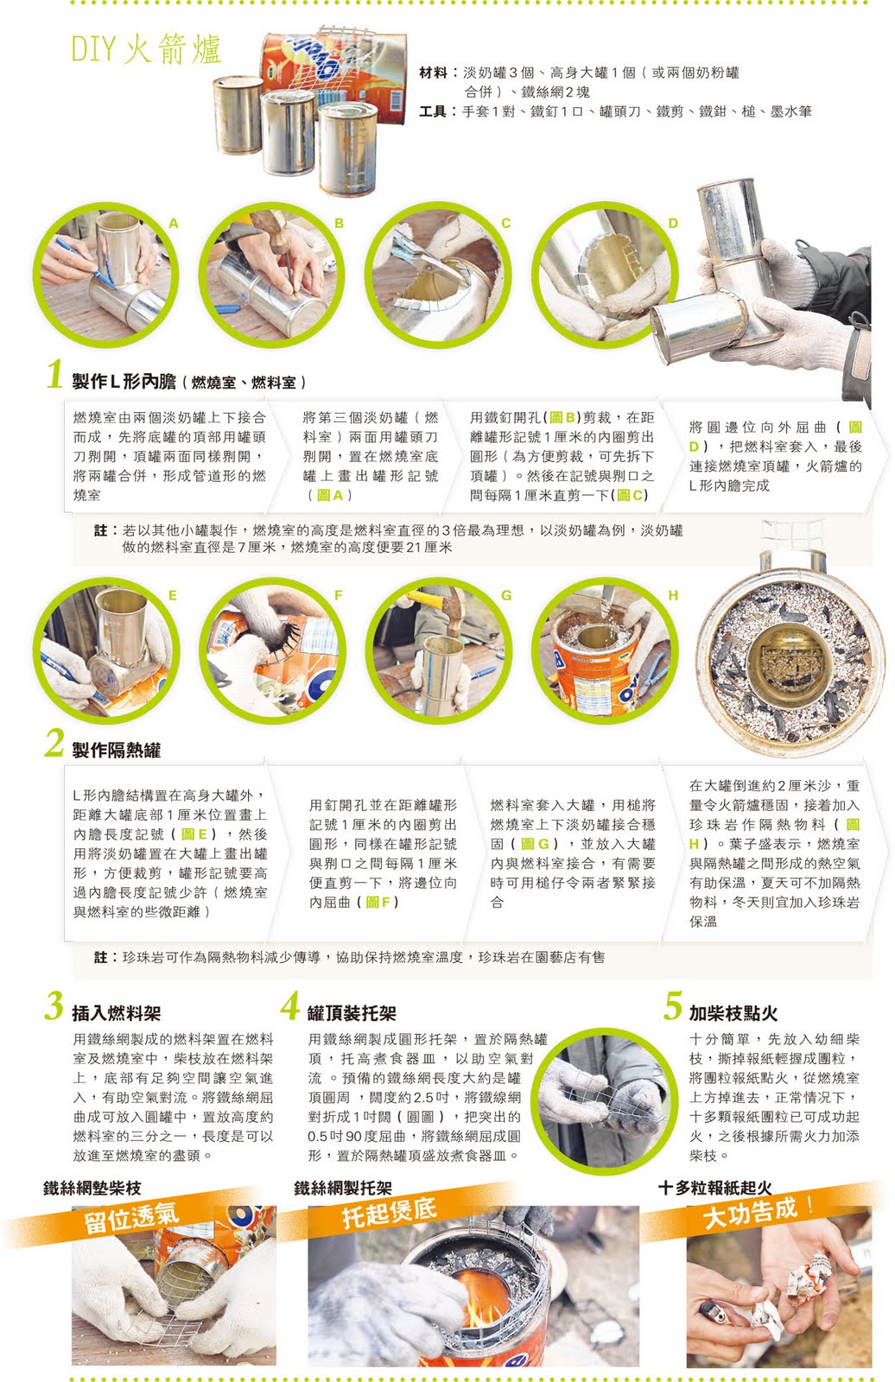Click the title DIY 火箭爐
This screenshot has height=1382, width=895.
(x=146, y=48)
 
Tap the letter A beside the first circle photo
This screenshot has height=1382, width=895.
(x=174, y=224)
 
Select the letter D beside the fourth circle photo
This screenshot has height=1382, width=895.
(x=673, y=224)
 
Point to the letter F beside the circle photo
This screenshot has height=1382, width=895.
(x=339, y=595)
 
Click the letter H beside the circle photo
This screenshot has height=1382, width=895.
(x=673, y=595)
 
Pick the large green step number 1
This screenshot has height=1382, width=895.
(x=55, y=375)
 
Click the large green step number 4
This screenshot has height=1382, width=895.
(x=290, y=1005)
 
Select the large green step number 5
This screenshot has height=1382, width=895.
(x=673, y=1005)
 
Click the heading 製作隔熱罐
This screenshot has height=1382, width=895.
(x=116, y=751)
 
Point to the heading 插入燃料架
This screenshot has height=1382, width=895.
(x=116, y=1013)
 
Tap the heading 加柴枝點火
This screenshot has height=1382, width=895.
(x=733, y=1013)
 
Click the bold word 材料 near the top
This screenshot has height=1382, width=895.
(x=433, y=73)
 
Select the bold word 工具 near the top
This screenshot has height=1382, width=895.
(x=433, y=111)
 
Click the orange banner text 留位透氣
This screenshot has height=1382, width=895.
(x=131, y=1219)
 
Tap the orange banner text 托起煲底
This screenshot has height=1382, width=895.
(x=390, y=1213)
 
